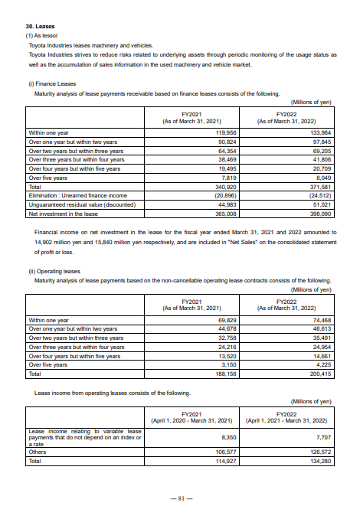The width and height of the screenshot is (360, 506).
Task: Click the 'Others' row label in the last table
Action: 38,452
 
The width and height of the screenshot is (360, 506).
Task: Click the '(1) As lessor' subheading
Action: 42,35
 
